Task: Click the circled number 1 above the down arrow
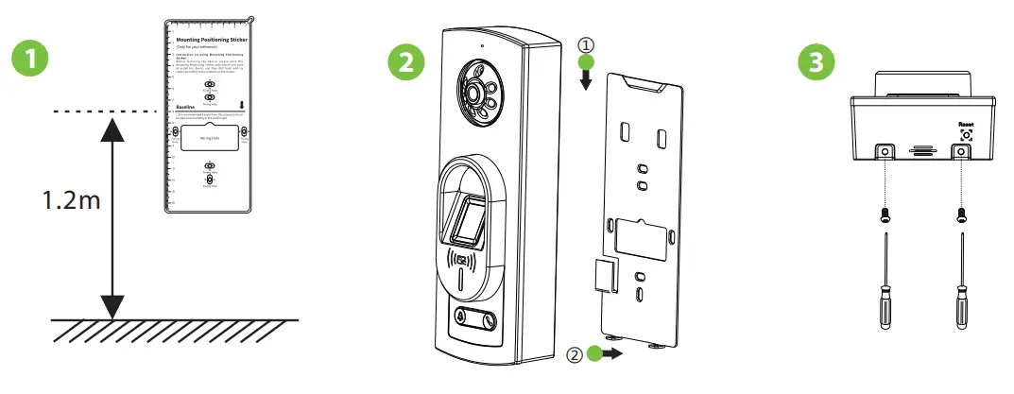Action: coord(586,43)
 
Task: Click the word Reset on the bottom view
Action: coord(966,123)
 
